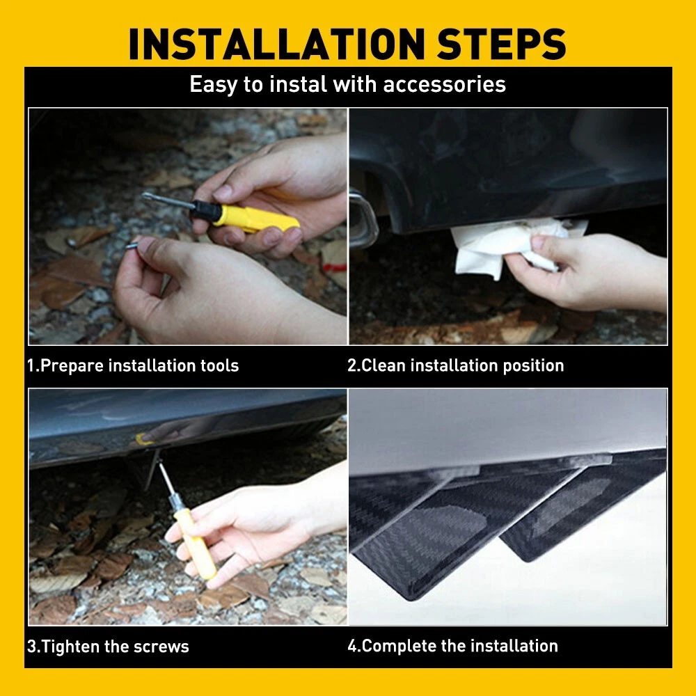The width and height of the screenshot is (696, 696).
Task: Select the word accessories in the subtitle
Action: pyautogui.click(x=444, y=84)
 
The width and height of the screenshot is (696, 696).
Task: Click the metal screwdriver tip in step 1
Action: pyautogui.click(x=167, y=200)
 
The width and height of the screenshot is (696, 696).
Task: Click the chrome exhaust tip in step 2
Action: pyautogui.click(x=363, y=219)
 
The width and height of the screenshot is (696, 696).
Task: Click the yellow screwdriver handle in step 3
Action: pyautogui.click(x=193, y=544)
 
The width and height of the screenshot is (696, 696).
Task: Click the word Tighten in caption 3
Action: pyautogui.click(x=70, y=647)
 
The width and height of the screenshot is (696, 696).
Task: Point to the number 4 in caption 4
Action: pyautogui.click(x=352, y=647)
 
